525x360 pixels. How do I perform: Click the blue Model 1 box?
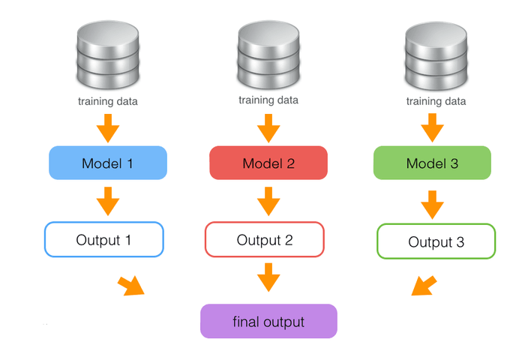(x=107, y=163)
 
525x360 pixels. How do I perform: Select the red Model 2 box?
(x=268, y=163)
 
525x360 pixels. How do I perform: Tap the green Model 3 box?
(x=432, y=163)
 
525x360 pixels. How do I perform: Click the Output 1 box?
(x=104, y=240)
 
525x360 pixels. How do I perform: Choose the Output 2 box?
(x=265, y=240)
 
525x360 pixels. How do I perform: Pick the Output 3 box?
(x=436, y=242)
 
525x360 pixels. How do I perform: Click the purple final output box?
(x=268, y=322)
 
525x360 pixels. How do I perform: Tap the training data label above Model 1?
(x=108, y=100)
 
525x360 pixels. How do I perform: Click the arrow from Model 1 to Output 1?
(x=108, y=200)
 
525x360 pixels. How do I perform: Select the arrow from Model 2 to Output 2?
(x=268, y=200)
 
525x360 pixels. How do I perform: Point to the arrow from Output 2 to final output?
(x=268, y=279)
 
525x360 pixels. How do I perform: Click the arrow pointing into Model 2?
(x=268, y=128)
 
